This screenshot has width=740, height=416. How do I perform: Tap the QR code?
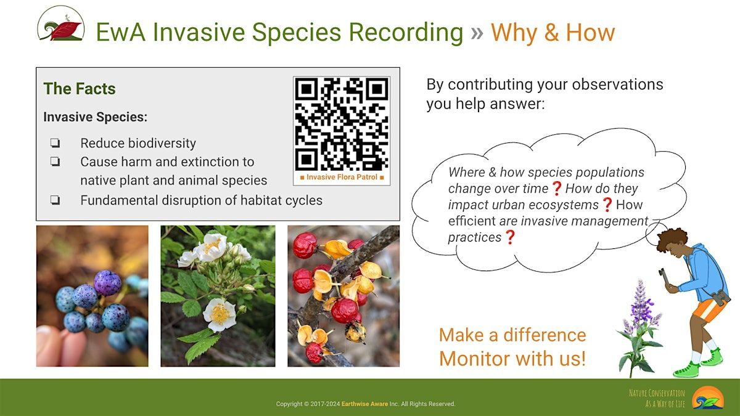click(342, 124)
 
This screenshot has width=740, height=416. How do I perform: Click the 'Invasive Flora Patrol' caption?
click(342, 177)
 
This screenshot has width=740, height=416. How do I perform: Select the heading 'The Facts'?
click(80, 89)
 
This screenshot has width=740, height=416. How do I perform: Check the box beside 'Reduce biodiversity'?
click(55, 142)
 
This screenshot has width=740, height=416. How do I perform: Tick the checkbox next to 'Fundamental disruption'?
click(55, 200)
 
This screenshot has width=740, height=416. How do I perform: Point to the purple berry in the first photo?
click(107, 283)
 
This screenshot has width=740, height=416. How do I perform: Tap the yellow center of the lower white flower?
click(220, 314)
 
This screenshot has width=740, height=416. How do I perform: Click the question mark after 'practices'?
click(510, 237)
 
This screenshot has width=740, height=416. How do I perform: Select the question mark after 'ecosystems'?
click(607, 205)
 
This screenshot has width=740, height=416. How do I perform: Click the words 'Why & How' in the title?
click(553, 32)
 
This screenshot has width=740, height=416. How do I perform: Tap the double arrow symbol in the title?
click(477, 33)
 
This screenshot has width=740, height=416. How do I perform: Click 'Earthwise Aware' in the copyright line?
click(364, 404)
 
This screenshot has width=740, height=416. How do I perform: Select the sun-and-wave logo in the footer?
click(708, 398)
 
